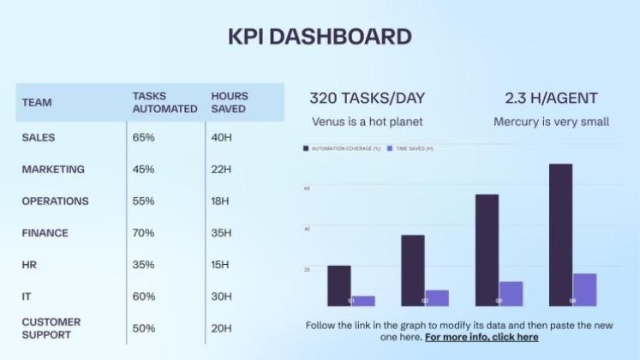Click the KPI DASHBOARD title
320,37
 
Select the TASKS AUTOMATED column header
164,102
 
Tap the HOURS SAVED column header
229,102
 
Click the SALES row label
39,137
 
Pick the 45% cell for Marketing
143,169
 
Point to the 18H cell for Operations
219,201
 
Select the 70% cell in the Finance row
143,232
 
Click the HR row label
29,265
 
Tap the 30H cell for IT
221,297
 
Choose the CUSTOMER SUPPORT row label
51,328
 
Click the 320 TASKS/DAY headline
367,99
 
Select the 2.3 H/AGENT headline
551,99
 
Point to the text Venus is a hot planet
367,122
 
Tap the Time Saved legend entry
411,148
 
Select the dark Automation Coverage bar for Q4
560,234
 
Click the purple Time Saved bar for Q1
363,300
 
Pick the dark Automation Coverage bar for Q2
412,270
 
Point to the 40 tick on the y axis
307,229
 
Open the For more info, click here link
481,337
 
